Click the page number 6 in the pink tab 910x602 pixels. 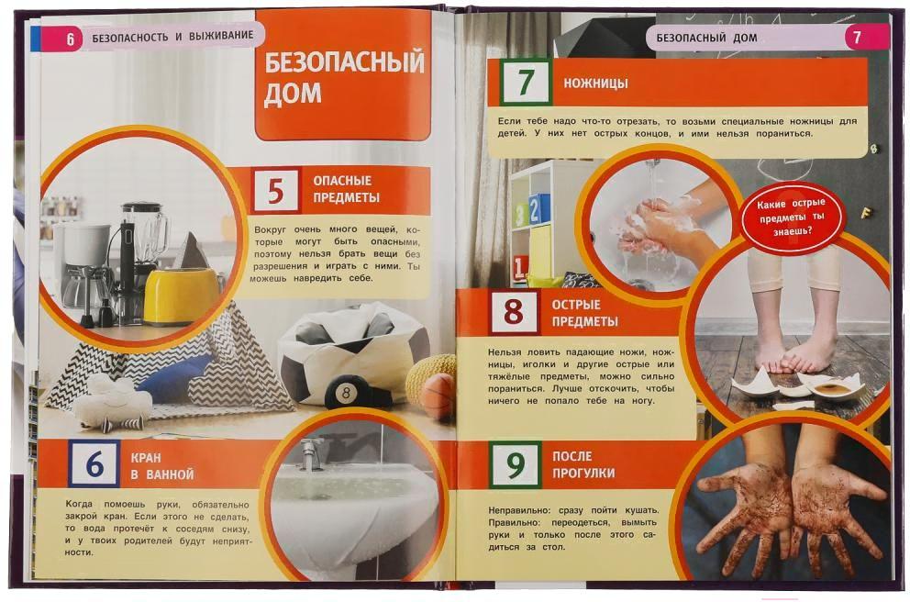71,39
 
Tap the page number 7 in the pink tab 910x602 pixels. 857,39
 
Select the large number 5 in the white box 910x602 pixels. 276,190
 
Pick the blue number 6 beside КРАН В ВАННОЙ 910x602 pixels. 94,463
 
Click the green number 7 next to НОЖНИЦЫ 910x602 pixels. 526,82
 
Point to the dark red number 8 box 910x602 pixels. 514,312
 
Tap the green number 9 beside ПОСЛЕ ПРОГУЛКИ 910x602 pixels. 516,463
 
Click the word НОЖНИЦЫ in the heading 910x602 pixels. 595,84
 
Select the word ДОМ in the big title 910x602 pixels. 293,93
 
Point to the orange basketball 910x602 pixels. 438,395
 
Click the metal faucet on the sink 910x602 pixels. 313,454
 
